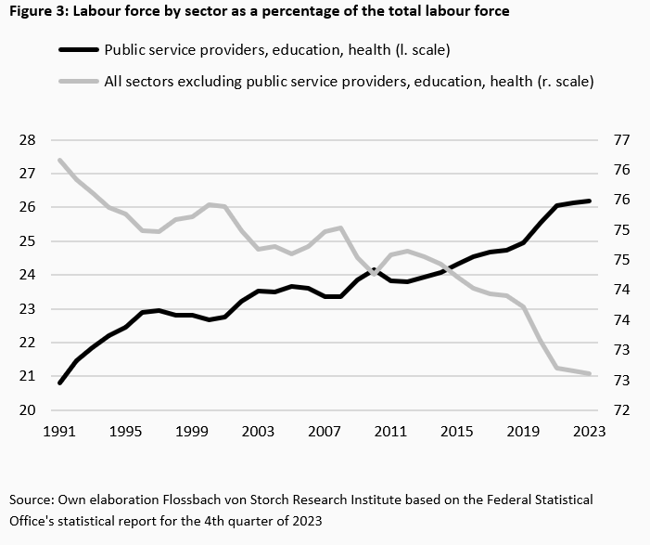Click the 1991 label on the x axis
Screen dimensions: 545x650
click(60, 432)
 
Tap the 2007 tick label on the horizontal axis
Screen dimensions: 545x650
click(325, 432)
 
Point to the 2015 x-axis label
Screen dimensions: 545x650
click(457, 432)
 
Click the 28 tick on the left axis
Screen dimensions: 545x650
click(27, 140)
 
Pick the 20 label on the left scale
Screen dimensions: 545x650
click(27, 410)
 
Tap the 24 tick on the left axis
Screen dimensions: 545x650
click(27, 275)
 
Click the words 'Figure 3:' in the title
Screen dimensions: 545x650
click(36, 12)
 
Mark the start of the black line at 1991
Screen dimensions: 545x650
click(60, 383)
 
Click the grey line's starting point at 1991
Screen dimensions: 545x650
click(60, 160)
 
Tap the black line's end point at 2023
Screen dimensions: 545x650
click(590, 201)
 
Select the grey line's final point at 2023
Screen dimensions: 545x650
click(590, 373)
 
